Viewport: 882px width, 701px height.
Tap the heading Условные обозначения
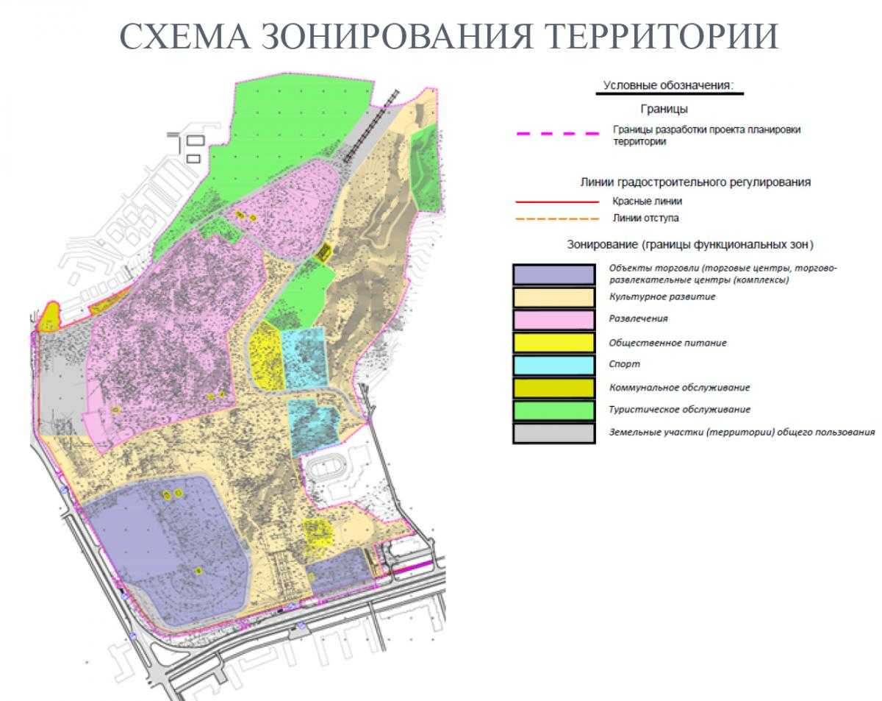668,85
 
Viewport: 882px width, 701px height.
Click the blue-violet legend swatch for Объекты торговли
553,274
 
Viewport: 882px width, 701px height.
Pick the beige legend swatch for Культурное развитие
553,297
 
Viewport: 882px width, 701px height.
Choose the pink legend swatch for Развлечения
553,319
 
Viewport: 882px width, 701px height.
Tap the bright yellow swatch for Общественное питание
553,342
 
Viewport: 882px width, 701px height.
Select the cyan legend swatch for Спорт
553,365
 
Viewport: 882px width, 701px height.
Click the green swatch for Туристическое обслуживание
553,410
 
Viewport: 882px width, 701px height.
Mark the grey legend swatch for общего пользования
553,433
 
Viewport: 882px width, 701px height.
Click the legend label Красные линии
647,201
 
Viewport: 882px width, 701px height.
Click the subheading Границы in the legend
664,110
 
